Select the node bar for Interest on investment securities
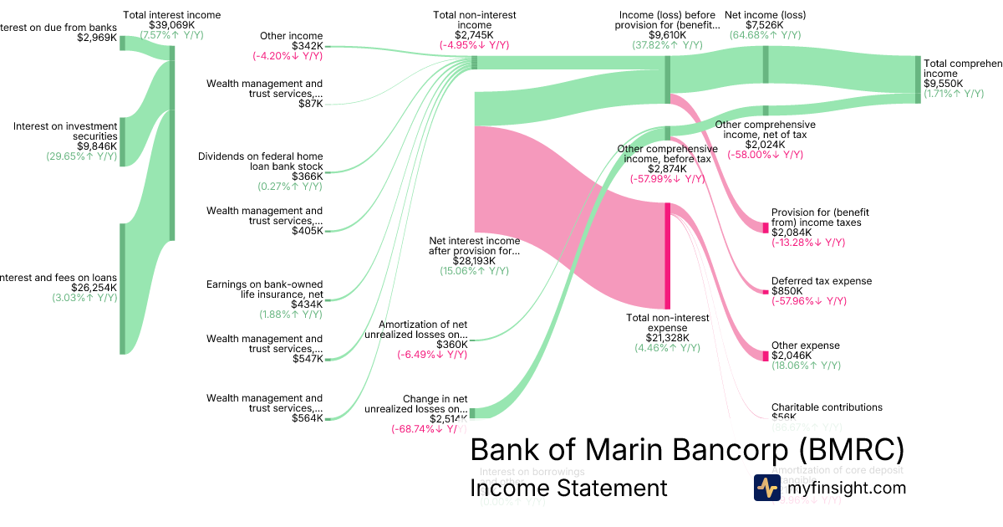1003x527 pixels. (x=122, y=142)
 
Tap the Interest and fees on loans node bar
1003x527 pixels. (x=122, y=289)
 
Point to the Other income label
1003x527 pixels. (x=291, y=36)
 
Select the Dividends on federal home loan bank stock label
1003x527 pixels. (x=260, y=161)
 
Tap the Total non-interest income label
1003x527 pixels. (x=474, y=20)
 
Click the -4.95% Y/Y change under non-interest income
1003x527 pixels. (x=474, y=45)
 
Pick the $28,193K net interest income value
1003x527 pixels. (x=474, y=261)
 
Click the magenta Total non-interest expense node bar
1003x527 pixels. (x=667, y=255)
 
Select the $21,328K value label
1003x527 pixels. (x=667, y=338)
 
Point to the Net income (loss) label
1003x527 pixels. (x=754, y=15)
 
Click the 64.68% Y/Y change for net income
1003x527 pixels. (x=765, y=35)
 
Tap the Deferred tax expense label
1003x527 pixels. (x=821, y=281)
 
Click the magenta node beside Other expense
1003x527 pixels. (x=765, y=356)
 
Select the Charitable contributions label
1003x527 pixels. (x=827, y=407)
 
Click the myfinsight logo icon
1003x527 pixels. (x=766, y=488)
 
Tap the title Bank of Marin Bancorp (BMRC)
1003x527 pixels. (x=687, y=450)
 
